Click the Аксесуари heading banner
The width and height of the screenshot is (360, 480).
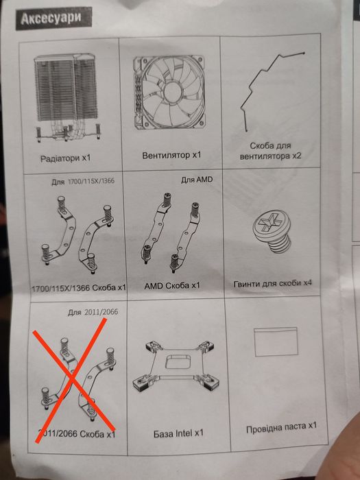click(x=54, y=19)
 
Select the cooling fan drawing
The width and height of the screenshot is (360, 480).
click(x=169, y=92)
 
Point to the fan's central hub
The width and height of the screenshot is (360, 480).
click(x=172, y=91)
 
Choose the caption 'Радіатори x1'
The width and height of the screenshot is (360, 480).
click(x=66, y=158)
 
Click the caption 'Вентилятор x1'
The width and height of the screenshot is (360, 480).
click(x=171, y=155)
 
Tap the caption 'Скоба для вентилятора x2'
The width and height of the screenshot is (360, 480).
click(x=270, y=151)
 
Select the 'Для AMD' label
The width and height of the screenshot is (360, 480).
click(x=197, y=180)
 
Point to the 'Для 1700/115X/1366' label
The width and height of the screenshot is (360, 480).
click(x=83, y=181)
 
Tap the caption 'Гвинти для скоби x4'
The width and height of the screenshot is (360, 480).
click(x=272, y=283)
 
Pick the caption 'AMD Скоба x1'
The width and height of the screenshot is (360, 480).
click(x=171, y=286)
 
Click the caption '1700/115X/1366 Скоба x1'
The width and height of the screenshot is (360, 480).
click(x=79, y=288)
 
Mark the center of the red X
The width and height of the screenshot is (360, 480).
click(x=73, y=380)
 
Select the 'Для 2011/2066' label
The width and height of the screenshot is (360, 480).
click(x=93, y=312)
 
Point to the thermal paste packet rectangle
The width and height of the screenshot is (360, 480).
click(x=276, y=341)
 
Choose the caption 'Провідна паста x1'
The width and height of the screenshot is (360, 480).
click(x=281, y=427)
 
